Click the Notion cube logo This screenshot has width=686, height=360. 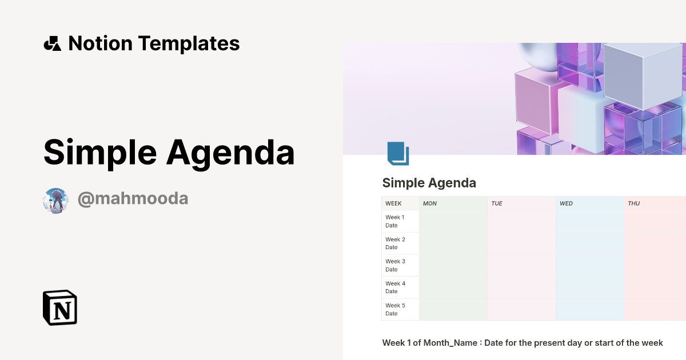(60, 307)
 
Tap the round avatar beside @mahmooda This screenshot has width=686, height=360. (55, 200)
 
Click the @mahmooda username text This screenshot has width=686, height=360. (133, 199)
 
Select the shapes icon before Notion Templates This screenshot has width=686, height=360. (52, 43)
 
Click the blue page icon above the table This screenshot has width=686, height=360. (398, 153)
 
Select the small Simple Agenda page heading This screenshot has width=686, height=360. (429, 183)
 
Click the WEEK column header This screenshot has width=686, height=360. (393, 203)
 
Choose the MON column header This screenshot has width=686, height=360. (430, 203)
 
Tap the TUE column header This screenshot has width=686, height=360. (497, 203)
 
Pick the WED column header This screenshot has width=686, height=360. (566, 203)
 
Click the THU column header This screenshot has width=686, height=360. (634, 203)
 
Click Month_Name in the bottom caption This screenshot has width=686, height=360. (450, 343)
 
